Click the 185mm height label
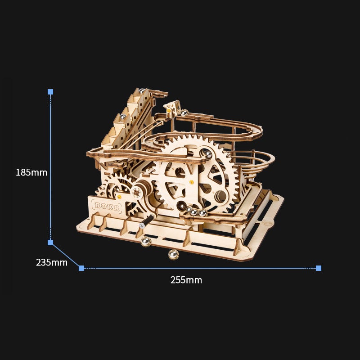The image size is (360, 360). (31, 172)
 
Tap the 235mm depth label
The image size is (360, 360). (52, 262)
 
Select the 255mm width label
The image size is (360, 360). (186, 280)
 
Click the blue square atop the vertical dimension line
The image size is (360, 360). (50, 92)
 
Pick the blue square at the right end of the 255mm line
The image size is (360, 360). (319, 268)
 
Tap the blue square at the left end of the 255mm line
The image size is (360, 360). (81, 268)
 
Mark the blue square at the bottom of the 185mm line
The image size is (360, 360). (50, 243)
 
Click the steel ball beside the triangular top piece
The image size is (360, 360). (184, 112)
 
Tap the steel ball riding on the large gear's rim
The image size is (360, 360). (208, 154)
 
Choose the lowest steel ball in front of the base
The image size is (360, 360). (173, 255)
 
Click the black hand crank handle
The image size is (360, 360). (147, 220)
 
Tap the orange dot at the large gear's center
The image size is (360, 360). (191, 182)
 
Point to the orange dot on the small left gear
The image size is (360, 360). (120, 197)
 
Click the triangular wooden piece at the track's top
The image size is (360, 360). (171, 108)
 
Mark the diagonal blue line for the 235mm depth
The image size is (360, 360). (66, 256)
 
